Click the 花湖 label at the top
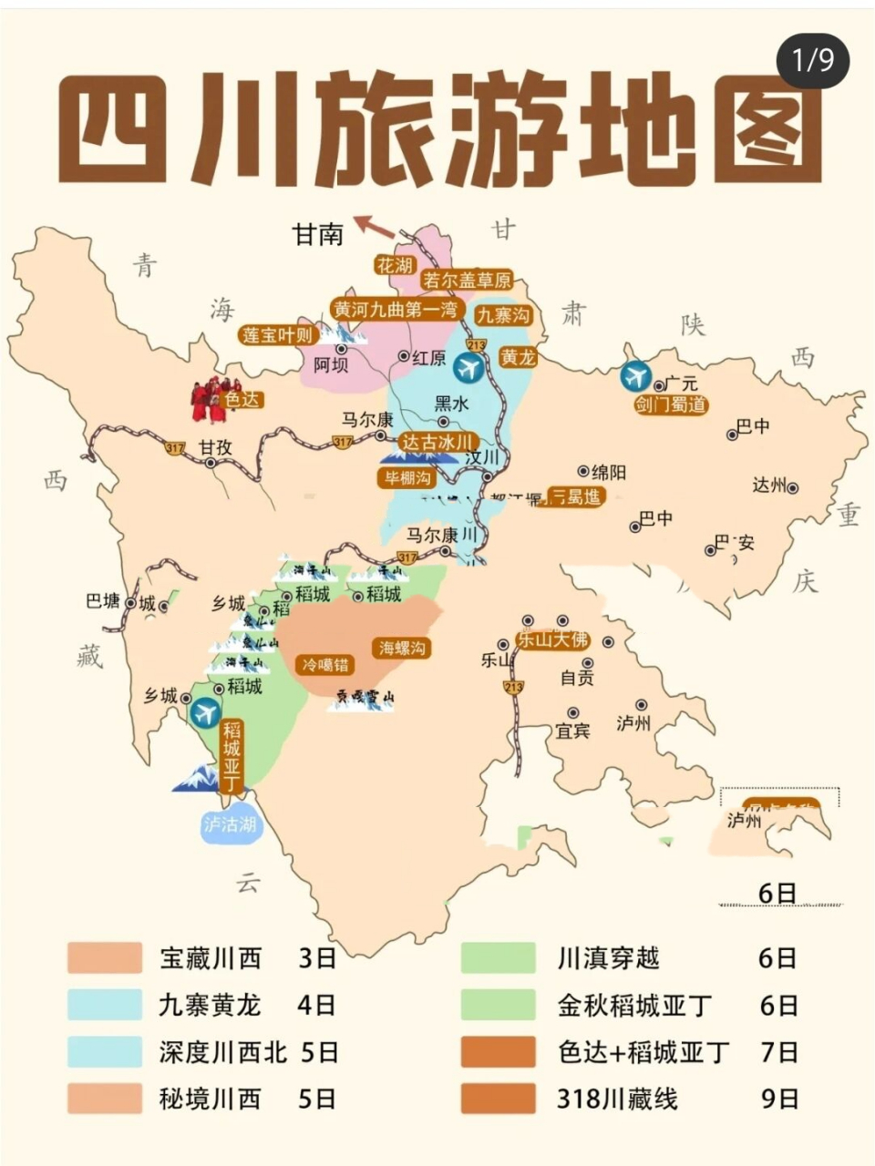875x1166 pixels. [x=395, y=265]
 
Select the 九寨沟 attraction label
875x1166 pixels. [x=504, y=315]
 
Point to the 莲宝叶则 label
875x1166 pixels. [x=278, y=334]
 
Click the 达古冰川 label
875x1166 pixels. [x=439, y=443]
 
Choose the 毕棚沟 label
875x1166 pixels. [x=407, y=477]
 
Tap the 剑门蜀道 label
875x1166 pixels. [x=671, y=405]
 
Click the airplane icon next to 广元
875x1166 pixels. [x=634, y=375]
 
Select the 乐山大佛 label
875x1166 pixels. [x=553, y=639]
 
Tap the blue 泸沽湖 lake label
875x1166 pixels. [x=230, y=824]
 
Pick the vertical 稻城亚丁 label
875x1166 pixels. [x=232, y=757]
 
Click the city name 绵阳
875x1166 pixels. [x=609, y=472]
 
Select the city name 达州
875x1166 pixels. [x=768, y=486]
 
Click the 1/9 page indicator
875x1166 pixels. [x=812, y=60]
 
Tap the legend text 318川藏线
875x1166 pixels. [x=617, y=1099]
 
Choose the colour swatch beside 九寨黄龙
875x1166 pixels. [x=105, y=1005]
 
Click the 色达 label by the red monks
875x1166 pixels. [x=241, y=399]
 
